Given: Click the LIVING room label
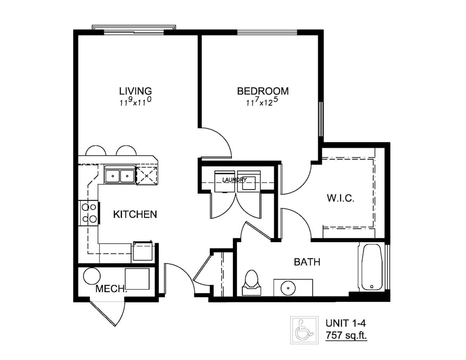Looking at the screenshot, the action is tap(135, 91).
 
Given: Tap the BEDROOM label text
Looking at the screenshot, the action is tap(263, 91).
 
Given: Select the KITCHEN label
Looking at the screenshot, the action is tap(135, 214).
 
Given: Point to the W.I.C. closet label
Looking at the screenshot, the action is tap(341, 198).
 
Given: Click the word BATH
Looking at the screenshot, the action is tap(307, 262).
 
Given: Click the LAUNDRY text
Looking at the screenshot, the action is tap(235, 180).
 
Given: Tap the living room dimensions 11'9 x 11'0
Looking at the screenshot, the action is tap(135, 102).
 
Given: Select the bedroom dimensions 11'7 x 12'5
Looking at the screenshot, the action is tap(263, 102).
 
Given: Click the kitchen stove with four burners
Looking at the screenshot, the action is tap(89, 213).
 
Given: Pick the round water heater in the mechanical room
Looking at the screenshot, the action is tap(92, 276).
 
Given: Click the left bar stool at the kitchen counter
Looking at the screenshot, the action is tap(96, 151).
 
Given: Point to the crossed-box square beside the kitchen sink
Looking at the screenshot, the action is tap(147, 176).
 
